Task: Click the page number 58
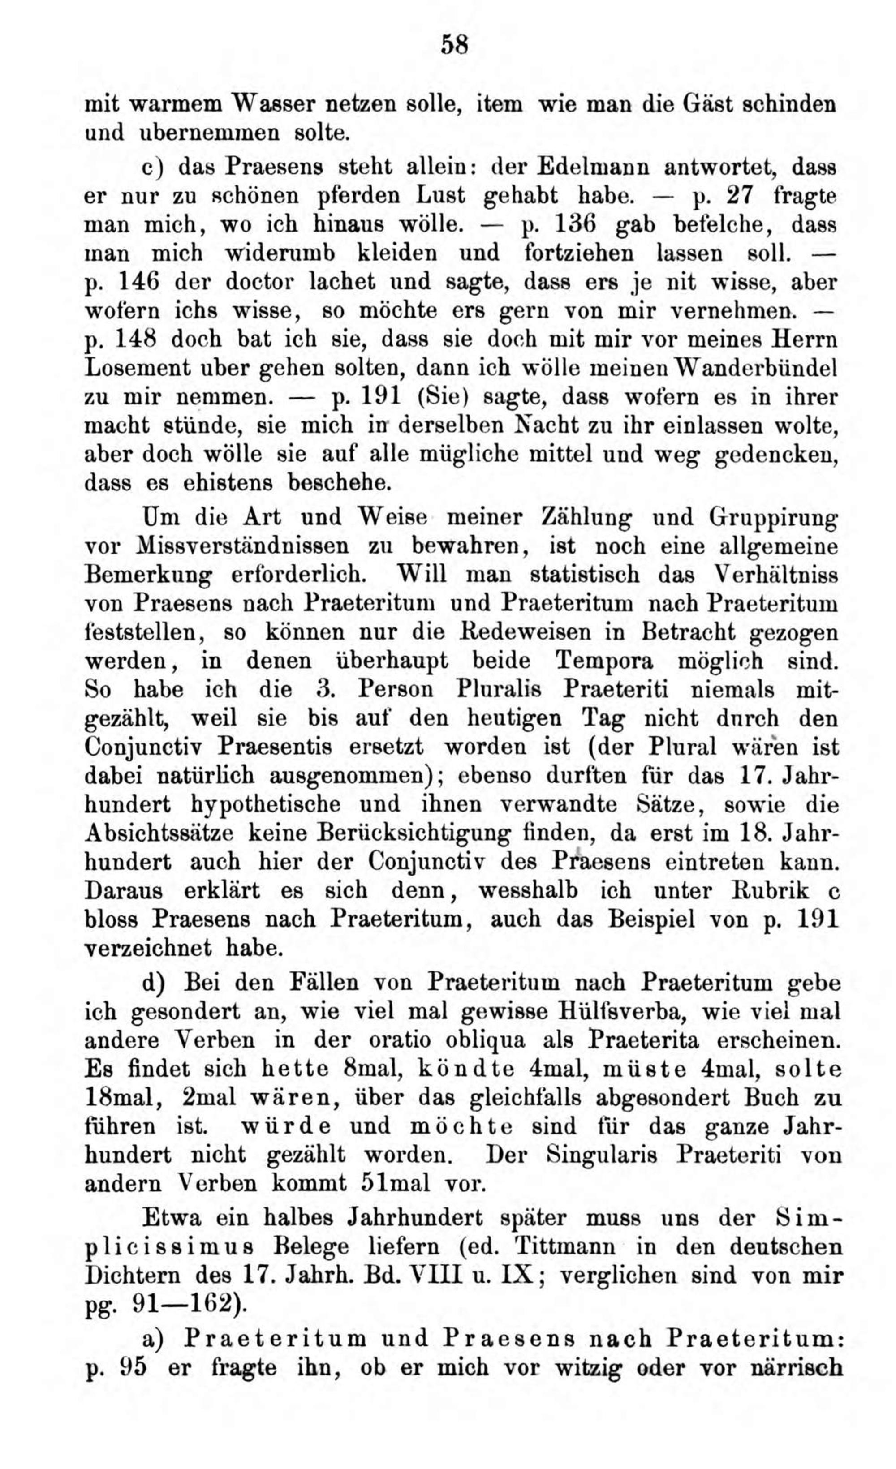click(x=455, y=45)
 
